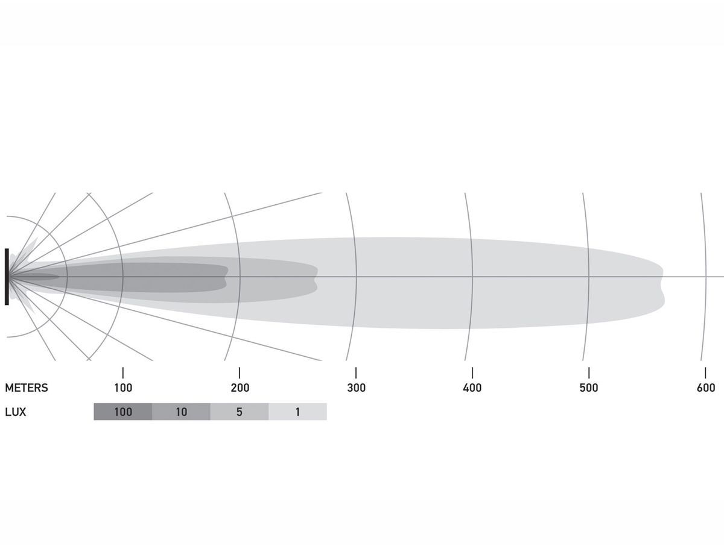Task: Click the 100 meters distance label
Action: click(123, 388)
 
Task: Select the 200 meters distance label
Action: click(240, 388)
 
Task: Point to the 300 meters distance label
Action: click(356, 388)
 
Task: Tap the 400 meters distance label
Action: click(472, 388)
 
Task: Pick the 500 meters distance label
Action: click(589, 388)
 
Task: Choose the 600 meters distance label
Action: click(706, 388)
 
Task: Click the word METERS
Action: click(27, 388)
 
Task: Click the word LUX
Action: click(15, 412)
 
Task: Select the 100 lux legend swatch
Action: click(122, 412)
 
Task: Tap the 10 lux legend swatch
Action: click(181, 412)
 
